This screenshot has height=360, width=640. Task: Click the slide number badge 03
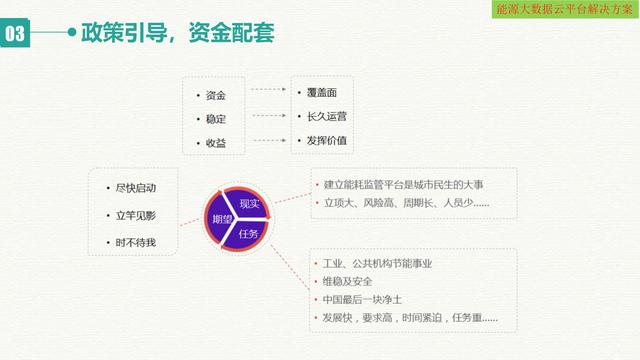point(16,34)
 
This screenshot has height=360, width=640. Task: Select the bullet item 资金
point(215,96)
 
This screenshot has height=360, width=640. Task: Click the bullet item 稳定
point(215,120)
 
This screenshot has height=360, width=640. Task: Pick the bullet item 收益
point(215,144)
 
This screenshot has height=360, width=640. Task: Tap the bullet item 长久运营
point(327,116)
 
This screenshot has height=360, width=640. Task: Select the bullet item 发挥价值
point(327,140)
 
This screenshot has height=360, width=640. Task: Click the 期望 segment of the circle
point(221,219)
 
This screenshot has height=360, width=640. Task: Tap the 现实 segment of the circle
point(250,203)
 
